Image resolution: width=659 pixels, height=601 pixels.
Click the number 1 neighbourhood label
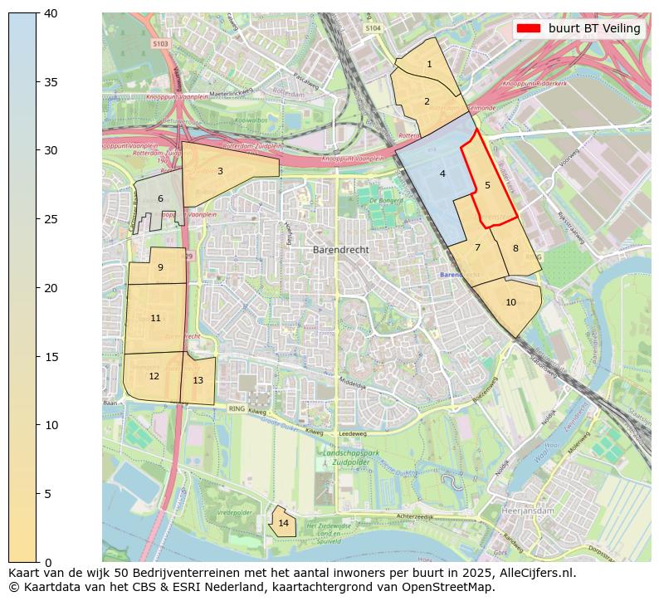click(x=429, y=65)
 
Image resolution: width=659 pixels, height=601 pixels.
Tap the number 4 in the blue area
click(x=442, y=174)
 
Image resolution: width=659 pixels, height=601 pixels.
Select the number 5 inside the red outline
click(x=487, y=186)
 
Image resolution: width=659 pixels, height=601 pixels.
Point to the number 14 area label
click(x=284, y=524)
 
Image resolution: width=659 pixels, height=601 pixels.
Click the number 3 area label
click(x=220, y=172)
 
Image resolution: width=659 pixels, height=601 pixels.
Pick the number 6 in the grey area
click(x=160, y=199)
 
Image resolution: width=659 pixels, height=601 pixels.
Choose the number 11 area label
click(x=155, y=319)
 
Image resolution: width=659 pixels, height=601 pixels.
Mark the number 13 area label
click(x=198, y=381)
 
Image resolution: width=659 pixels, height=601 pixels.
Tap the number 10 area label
click(x=510, y=303)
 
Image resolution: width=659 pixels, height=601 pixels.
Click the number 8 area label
click(x=515, y=249)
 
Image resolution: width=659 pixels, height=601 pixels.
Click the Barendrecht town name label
click(x=340, y=250)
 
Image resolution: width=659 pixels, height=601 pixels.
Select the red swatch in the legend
click(x=528, y=28)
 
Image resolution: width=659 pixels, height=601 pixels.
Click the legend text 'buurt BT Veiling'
click(x=594, y=28)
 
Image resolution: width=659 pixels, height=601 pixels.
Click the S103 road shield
click(x=160, y=43)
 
